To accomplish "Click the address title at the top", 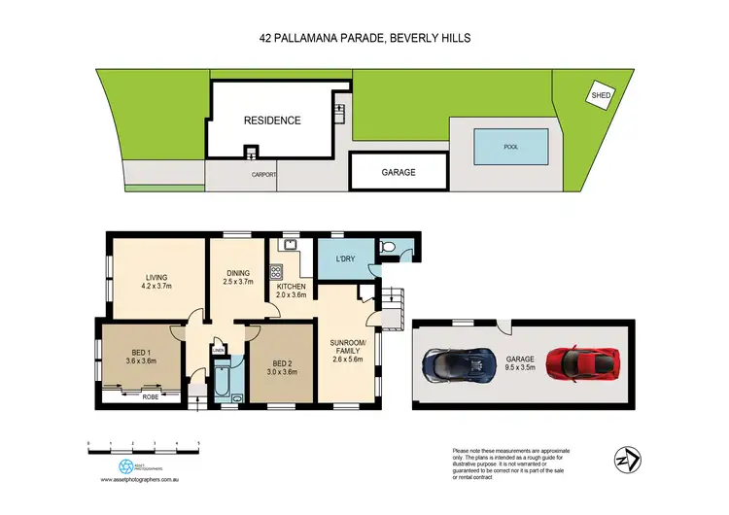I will pos(364,37).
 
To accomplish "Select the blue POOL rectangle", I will pos(510,148).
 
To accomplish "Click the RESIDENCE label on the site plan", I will pos(272,120).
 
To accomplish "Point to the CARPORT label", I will pos(264,175).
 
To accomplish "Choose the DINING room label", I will pos(238,278).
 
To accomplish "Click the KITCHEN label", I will pos(292,292).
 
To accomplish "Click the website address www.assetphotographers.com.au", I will pos(142,479).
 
